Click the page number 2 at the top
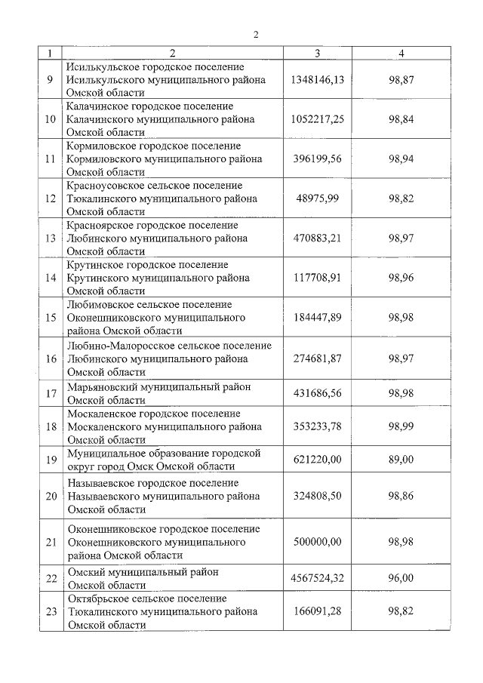tap(256, 35)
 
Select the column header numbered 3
tap(317, 53)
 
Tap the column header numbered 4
tap(401, 53)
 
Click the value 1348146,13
tap(317, 79)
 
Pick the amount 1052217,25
tap(317, 119)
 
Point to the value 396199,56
tap(317, 159)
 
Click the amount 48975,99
tap(317, 198)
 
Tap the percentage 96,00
tap(401, 578)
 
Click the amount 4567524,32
tap(317, 578)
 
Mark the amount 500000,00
tap(317, 542)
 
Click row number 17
tap(51, 393)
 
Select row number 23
tap(51, 611)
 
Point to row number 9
tap(51, 79)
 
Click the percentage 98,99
tap(401, 426)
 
